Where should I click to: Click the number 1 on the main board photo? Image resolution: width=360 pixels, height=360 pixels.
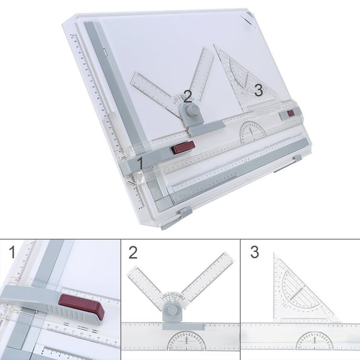(139, 163)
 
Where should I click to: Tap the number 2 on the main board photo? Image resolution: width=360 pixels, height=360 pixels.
(187, 96)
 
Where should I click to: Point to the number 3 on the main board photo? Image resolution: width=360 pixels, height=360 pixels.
(258, 90)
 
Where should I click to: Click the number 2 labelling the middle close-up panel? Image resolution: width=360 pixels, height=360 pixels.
(133, 253)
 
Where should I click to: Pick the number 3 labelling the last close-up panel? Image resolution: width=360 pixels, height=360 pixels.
(254, 253)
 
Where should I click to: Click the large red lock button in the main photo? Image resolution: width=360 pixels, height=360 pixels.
(183, 148)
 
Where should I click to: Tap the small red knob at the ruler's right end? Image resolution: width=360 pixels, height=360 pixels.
(290, 114)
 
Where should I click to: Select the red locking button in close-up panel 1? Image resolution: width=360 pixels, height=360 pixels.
(81, 308)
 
